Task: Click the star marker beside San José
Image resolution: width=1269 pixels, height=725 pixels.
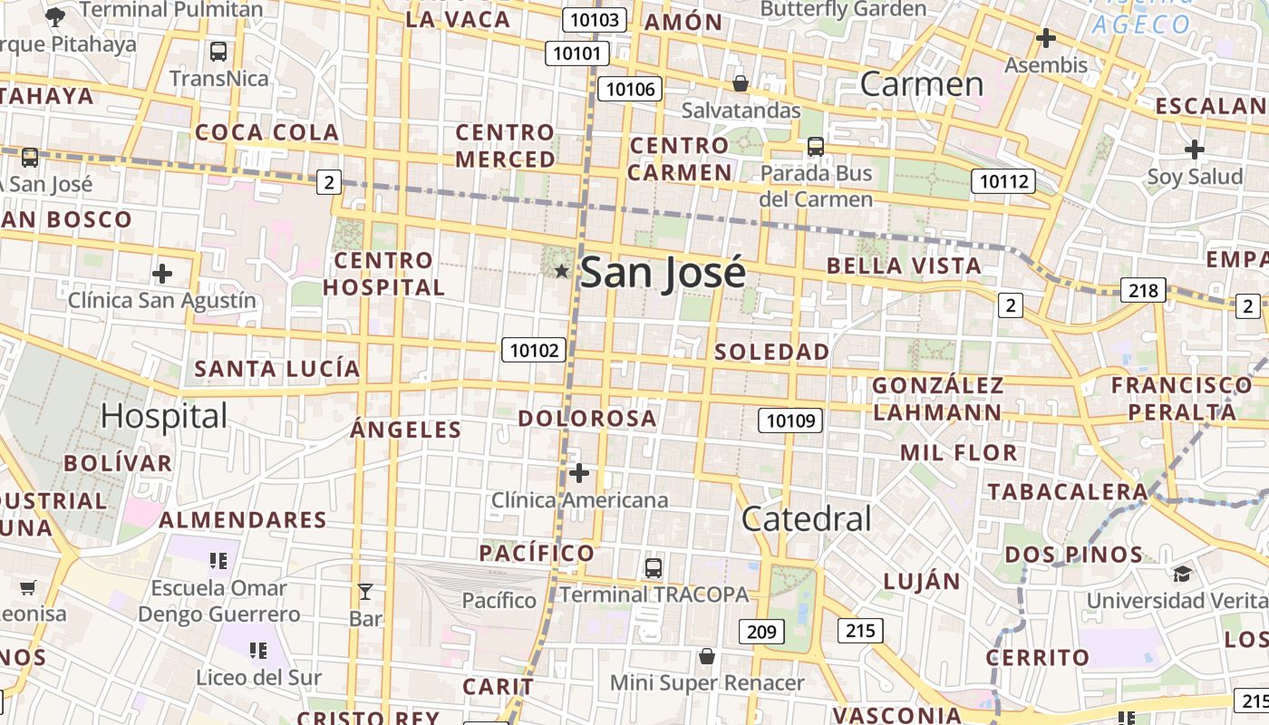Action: tap(561, 271)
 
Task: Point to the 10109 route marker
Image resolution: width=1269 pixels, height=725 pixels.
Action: tap(790, 420)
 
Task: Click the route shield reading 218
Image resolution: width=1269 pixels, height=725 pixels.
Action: tap(1143, 290)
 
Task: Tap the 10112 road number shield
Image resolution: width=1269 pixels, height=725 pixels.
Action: tap(1002, 181)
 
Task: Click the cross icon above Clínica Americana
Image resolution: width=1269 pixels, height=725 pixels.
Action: tap(579, 473)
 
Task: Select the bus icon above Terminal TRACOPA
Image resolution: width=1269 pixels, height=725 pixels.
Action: tap(654, 568)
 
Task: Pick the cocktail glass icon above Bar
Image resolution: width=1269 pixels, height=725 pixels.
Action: tap(365, 593)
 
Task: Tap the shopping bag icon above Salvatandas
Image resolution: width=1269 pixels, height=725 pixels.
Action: tap(741, 83)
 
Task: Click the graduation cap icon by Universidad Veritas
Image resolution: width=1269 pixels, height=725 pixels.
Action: tap(1182, 574)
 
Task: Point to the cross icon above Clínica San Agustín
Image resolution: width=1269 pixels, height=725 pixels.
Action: tap(162, 273)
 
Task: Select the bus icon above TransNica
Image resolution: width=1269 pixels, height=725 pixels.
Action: tap(218, 52)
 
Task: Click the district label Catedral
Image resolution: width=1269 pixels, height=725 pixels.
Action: tap(806, 519)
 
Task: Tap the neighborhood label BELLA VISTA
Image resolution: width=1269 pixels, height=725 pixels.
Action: tap(904, 266)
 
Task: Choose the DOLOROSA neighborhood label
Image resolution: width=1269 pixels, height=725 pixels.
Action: tap(587, 419)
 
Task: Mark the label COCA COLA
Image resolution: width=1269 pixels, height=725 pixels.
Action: tap(266, 132)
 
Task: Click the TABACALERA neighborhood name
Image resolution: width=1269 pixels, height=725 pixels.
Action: tap(1068, 492)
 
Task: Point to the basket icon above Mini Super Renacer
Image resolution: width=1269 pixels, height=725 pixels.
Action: tap(707, 656)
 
